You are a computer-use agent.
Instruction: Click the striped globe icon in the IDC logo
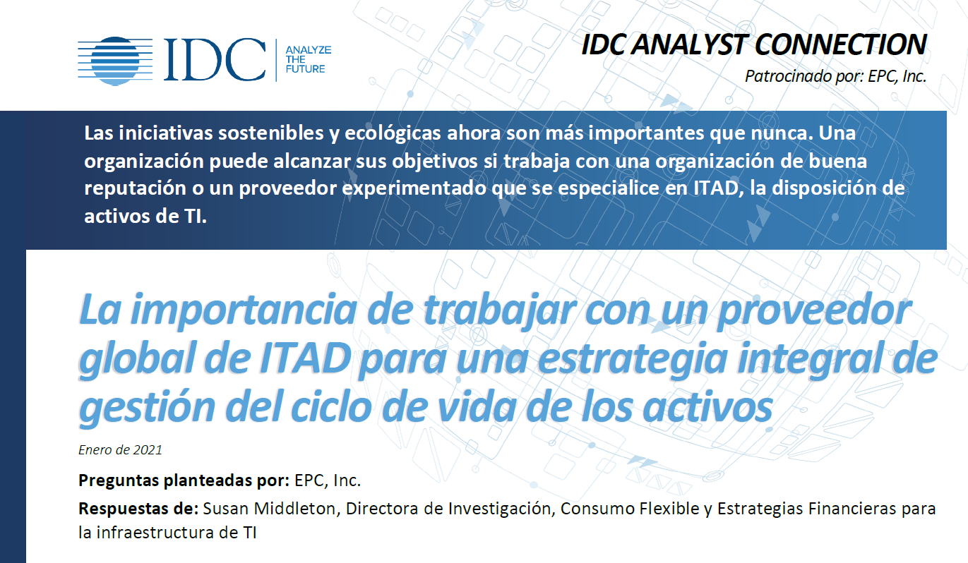point(115,61)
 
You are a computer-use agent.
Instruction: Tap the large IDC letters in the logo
point(215,59)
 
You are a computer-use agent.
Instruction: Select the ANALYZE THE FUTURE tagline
point(308,59)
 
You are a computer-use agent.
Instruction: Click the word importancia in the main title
point(244,310)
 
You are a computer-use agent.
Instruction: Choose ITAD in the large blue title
point(304,358)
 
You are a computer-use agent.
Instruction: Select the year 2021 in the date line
point(148,450)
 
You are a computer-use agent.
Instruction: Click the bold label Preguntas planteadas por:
point(184,480)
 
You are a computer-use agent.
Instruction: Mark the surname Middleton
point(294,509)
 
